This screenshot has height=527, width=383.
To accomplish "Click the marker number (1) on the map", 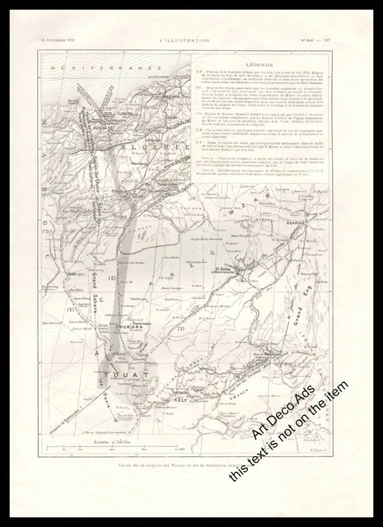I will [x=72, y=310].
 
